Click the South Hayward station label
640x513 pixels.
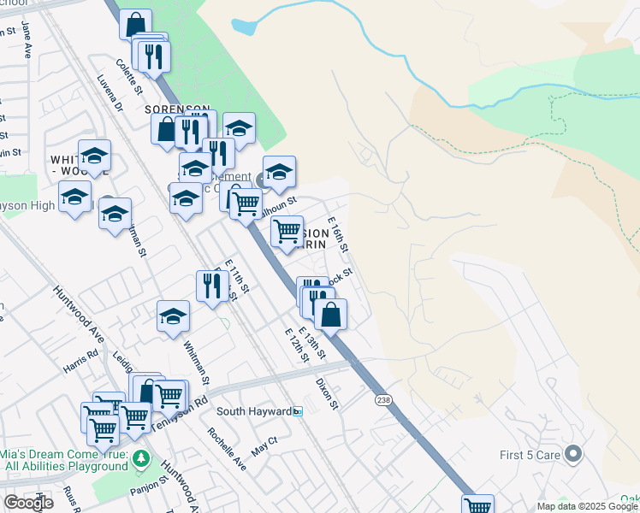coord(253,411)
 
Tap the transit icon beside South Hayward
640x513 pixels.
coord(298,411)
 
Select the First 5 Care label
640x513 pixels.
coord(530,454)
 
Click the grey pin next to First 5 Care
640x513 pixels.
coord(573,453)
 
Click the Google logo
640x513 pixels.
coord(28,503)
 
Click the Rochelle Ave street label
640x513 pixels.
coord(226,448)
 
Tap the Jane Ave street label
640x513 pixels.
coord(26,39)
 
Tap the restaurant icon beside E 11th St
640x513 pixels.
coord(210,285)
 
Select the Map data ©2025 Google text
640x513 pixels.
coord(587,506)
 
